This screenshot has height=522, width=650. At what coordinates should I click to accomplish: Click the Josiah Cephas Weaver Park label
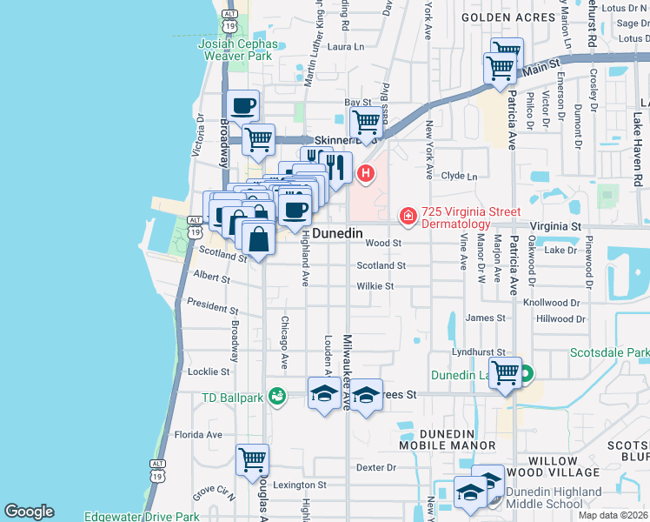(239, 50)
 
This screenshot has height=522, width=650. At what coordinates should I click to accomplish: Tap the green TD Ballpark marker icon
(277, 397)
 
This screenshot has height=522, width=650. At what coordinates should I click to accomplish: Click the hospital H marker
(367, 173)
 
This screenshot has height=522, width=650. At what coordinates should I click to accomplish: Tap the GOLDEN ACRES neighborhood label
(507, 17)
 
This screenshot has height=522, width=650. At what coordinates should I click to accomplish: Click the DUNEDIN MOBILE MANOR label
(446, 438)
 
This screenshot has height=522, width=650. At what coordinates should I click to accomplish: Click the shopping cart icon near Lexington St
(252, 458)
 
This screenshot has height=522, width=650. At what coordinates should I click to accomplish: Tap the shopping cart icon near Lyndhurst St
(505, 372)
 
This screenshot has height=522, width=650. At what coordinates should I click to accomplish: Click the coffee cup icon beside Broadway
(242, 105)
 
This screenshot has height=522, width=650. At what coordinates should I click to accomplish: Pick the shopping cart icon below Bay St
(368, 123)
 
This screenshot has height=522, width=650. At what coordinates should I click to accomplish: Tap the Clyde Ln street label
(460, 176)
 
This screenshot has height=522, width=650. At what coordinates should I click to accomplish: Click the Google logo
(29, 512)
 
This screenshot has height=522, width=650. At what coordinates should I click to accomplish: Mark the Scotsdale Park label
(610, 353)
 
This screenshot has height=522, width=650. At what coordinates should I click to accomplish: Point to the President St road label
(212, 307)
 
